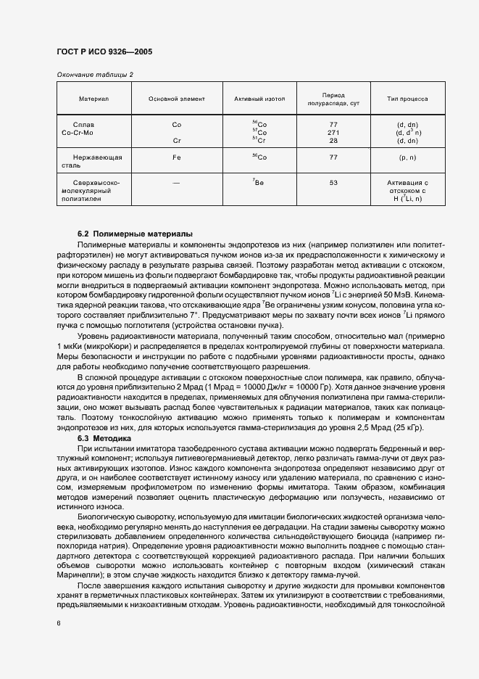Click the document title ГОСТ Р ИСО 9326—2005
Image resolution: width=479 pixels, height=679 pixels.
(104, 52)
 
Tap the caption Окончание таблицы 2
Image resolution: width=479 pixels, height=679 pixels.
(95, 75)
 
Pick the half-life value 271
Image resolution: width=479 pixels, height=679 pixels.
(333, 133)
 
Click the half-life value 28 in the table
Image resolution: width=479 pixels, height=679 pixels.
(333, 141)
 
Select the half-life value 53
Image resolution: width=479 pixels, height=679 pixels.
(333, 183)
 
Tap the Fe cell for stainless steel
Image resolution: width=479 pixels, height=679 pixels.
(176, 157)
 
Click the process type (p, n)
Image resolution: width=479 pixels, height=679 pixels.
(408, 157)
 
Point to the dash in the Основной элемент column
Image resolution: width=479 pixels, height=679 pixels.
(176, 183)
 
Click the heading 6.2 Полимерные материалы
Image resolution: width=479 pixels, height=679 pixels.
(135, 234)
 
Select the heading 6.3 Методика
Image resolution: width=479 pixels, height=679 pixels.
(104, 438)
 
